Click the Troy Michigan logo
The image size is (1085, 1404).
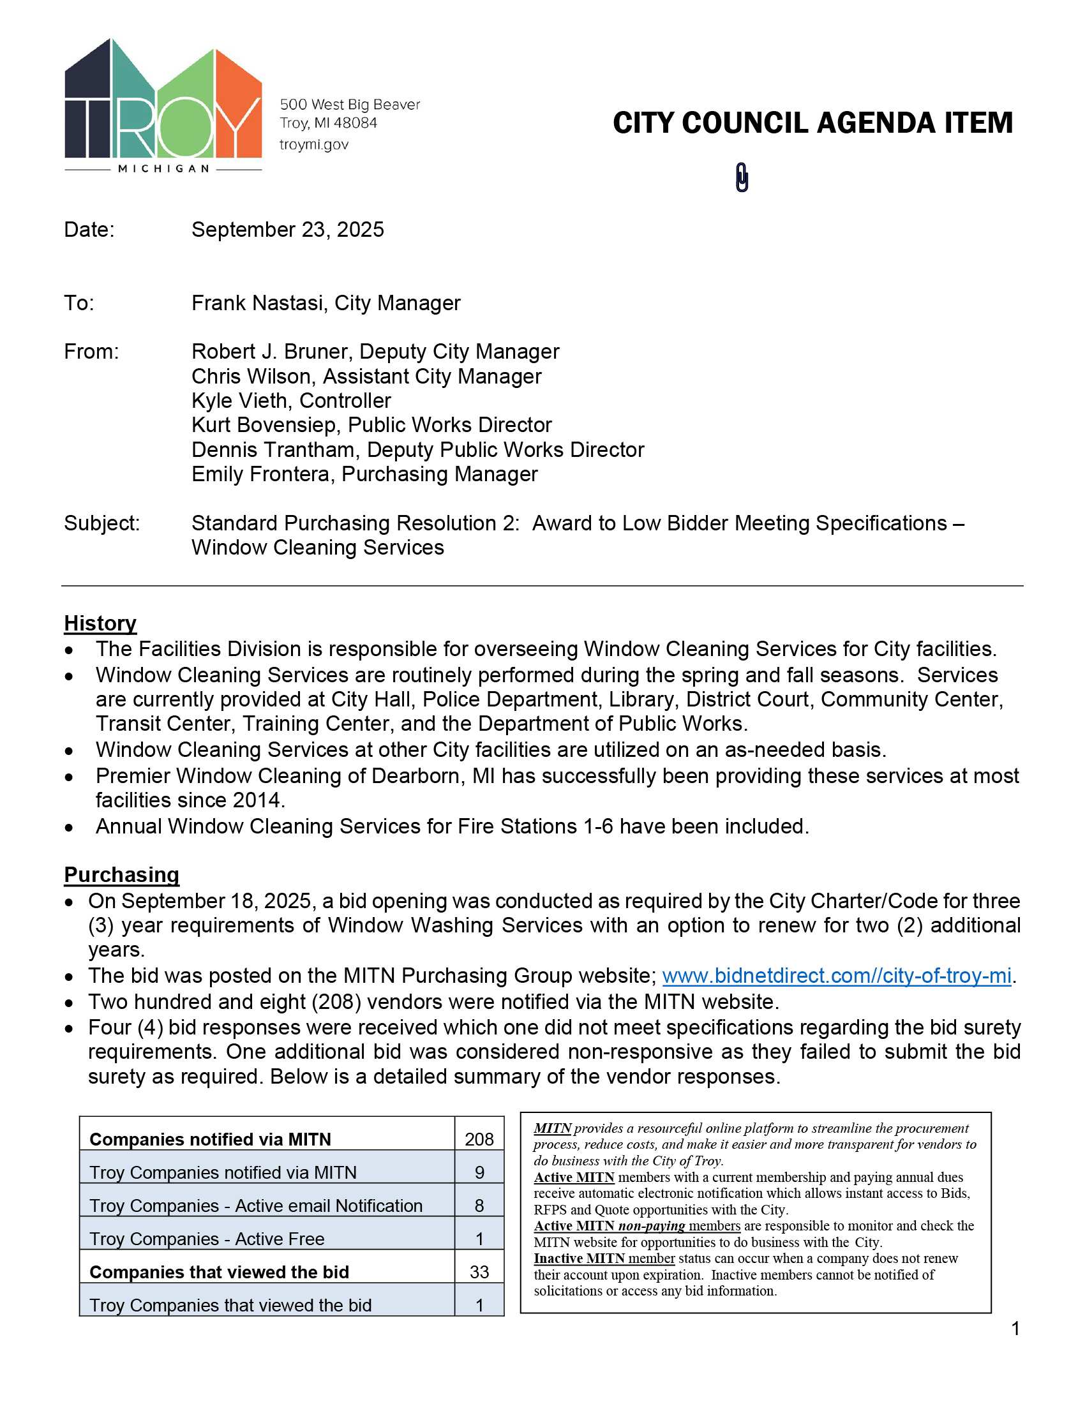tap(163, 106)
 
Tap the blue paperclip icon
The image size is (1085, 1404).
tap(742, 177)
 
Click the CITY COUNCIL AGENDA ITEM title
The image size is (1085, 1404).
tap(812, 123)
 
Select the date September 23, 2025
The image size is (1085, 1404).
tap(287, 230)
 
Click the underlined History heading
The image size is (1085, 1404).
tap(100, 623)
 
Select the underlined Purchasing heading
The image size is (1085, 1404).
tap(121, 874)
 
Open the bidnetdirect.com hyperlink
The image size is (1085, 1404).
tap(836, 975)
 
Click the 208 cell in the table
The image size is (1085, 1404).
tap(479, 1139)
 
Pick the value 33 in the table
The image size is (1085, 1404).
tap(479, 1271)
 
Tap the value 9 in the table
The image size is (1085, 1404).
tap(479, 1172)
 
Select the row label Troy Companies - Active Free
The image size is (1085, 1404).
tap(207, 1239)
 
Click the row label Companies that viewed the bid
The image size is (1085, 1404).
tap(219, 1272)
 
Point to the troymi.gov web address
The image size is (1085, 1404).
tap(313, 145)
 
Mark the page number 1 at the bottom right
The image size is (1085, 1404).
tap(1015, 1329)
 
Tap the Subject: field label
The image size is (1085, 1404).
tap(101, 523)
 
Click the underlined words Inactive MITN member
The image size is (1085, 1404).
tap(604, 1258)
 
